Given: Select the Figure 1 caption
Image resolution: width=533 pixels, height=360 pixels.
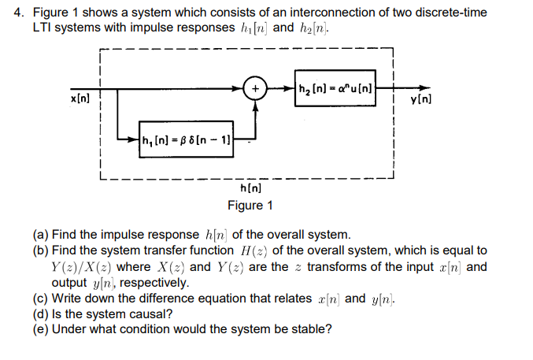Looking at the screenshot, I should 250,206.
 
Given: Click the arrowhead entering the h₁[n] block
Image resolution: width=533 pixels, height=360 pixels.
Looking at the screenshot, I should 135,142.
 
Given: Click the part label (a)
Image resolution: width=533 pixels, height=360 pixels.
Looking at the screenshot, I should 42,235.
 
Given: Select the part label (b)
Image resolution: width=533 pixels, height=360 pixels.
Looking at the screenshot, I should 42,251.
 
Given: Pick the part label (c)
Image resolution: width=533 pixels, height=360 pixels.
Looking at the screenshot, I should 42,299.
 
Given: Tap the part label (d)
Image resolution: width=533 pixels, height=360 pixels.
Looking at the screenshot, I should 42,314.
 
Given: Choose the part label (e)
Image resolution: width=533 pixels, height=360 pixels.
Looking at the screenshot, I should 42,330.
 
